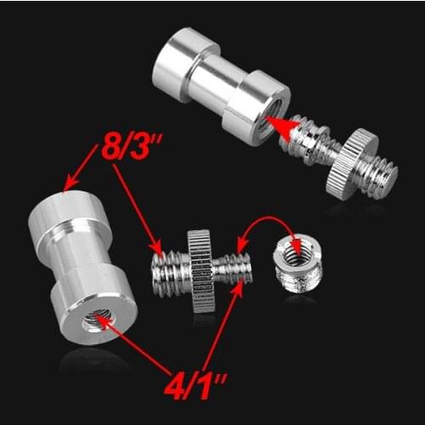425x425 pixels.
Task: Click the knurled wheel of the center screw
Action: pyautogui.click(x=202, y=270)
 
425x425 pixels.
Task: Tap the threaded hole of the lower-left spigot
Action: pyautogui.click(x=97, y=319)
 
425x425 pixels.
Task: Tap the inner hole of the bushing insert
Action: pyautogui.click(x=296, y=251)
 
